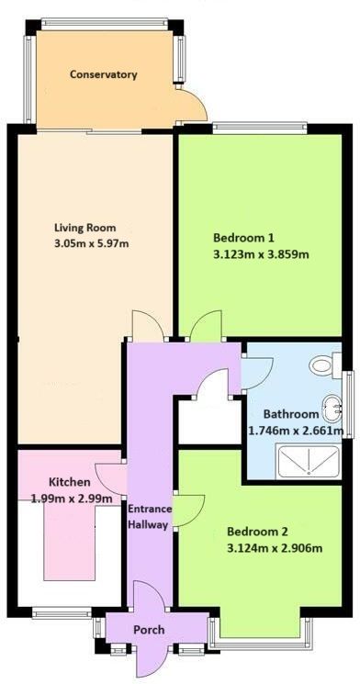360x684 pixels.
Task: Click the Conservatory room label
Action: point(104,74)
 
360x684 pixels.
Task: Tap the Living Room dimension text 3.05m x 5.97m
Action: point(91,243)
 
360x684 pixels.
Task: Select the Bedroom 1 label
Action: point(243,238)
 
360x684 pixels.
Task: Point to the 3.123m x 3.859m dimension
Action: point(261,254)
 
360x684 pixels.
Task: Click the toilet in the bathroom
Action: point(325,364)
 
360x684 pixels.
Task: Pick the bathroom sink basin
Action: point(333,409)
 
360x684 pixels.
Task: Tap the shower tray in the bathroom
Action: point(309,462)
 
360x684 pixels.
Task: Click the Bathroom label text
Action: point(291,414)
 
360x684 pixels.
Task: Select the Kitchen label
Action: point(70,482)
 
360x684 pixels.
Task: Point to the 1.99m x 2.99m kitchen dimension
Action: point(72,498)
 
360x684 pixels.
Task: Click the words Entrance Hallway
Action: point(149,517)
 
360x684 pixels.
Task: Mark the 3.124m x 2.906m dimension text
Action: point(275,548)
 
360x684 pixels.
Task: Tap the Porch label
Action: point(149,630)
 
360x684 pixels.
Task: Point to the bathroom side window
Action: point(348,404)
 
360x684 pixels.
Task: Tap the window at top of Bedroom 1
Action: point(260,129)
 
